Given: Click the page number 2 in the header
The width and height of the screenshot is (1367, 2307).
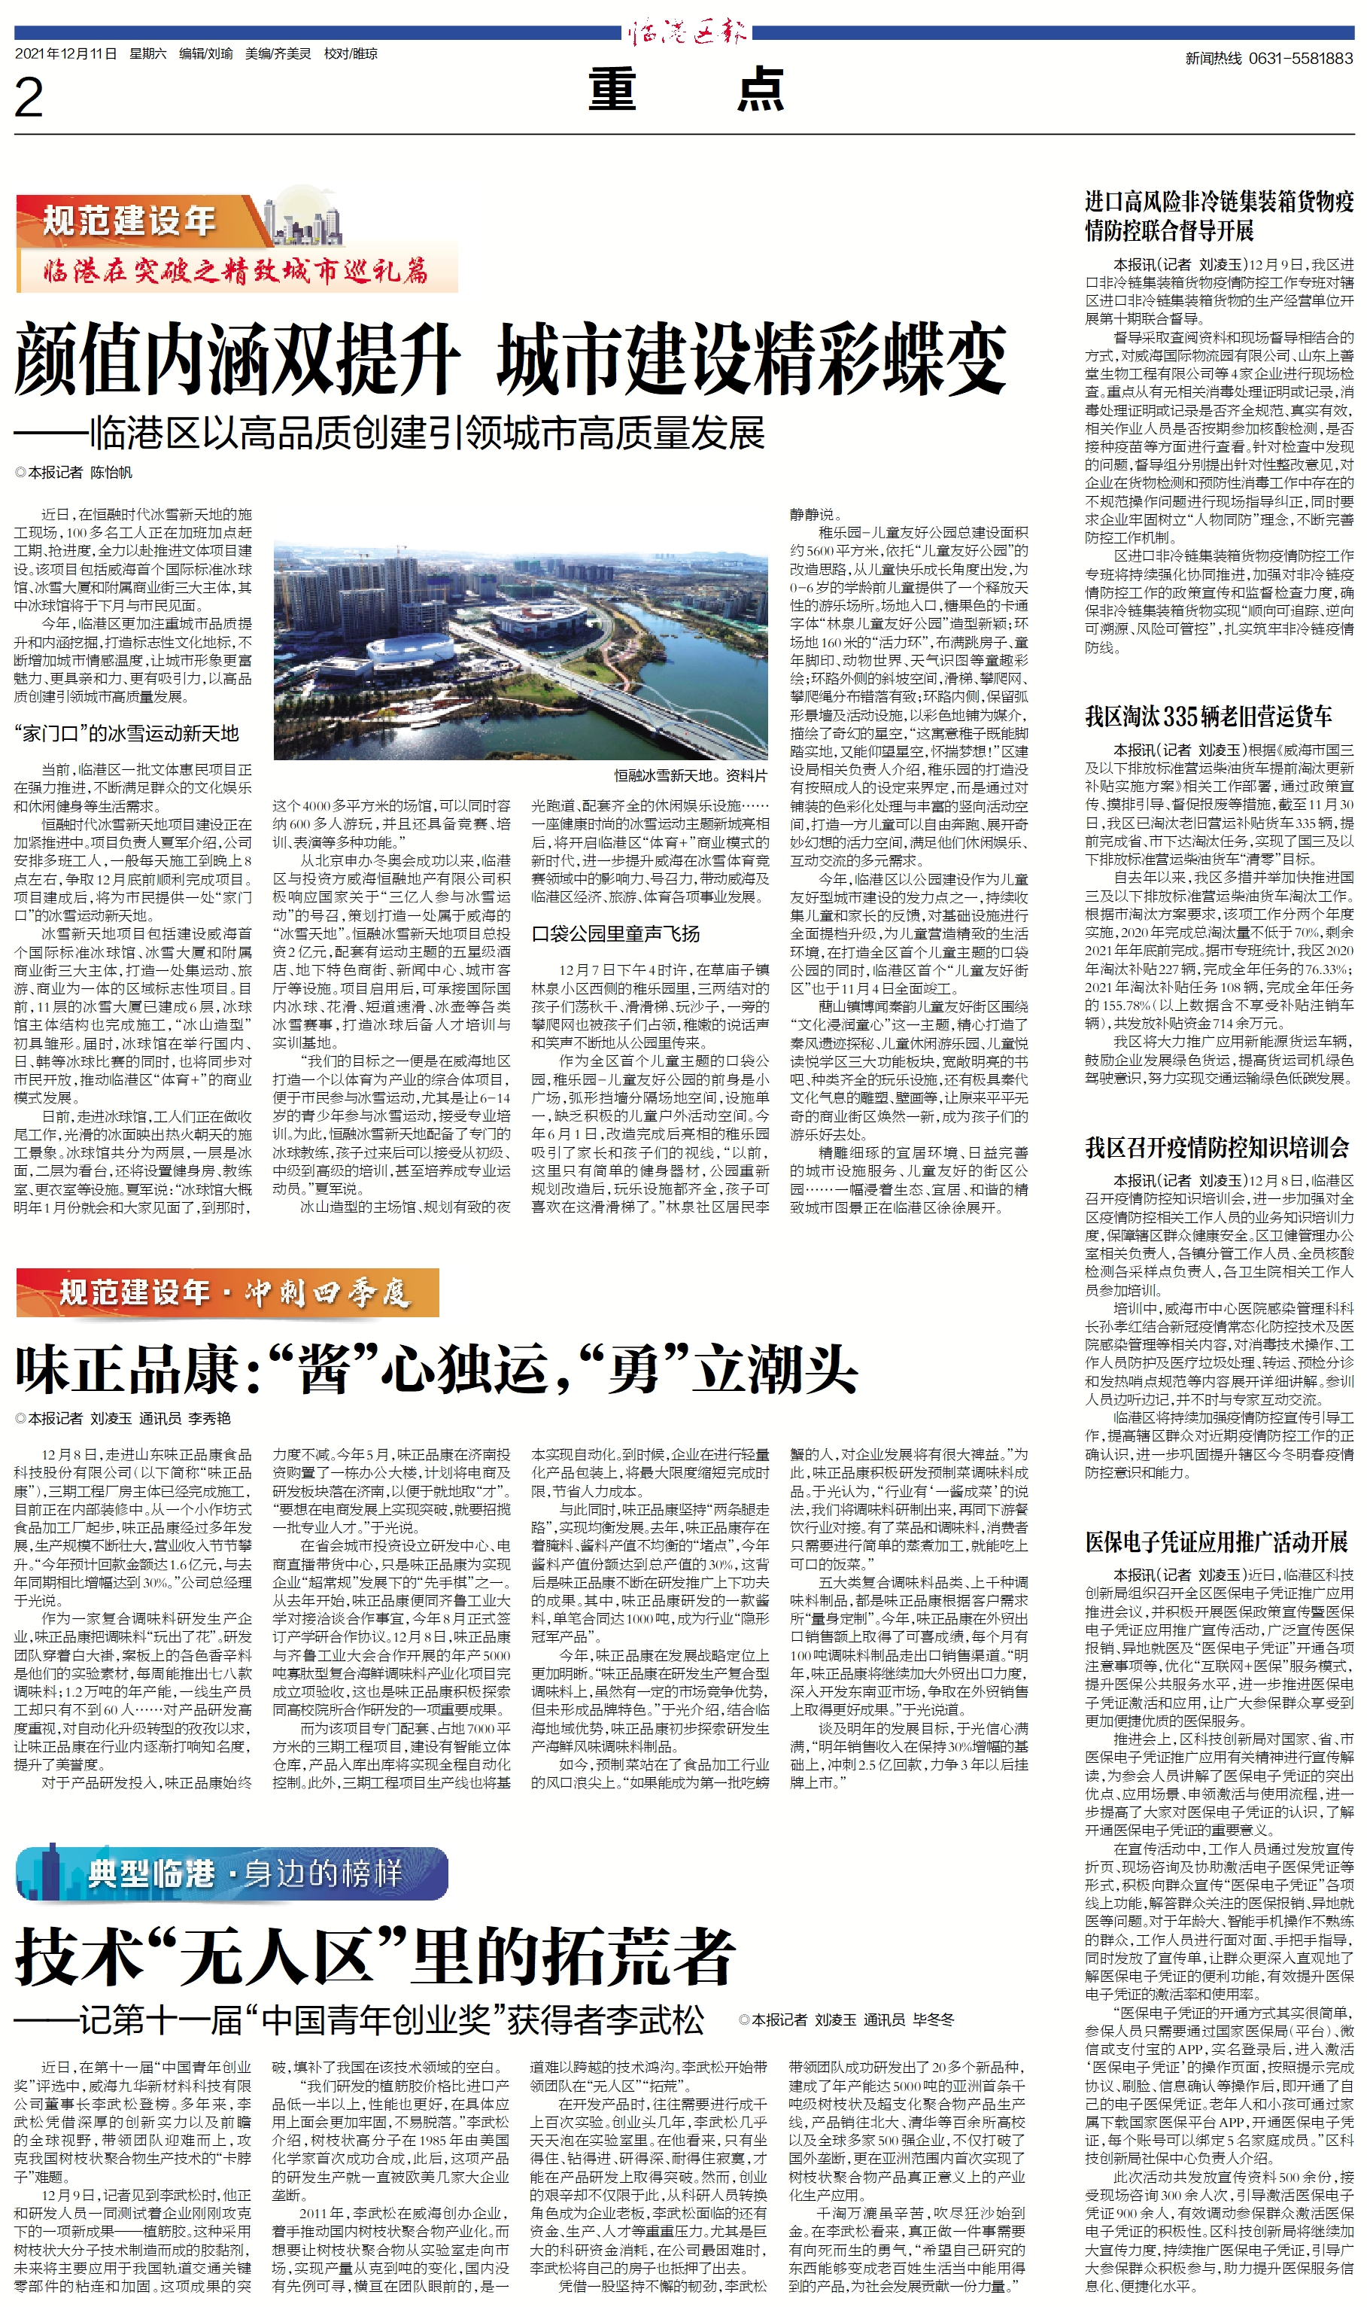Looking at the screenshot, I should click(x=29, y=98).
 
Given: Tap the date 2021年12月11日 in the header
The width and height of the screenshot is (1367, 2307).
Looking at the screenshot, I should click(x=65, y=54).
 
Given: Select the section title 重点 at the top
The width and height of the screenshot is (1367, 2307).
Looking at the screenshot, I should click(x=686, y=90).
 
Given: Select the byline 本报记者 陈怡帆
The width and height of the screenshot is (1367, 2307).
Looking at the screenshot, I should click(x=74, y=473).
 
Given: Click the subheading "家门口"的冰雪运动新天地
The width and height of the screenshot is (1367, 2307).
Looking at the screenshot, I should click(x=126, y=733).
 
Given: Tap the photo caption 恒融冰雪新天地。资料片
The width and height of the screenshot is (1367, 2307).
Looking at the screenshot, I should click(x=690, y=776).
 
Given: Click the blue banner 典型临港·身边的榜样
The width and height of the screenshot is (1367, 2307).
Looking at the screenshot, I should click(x=232, y=1873).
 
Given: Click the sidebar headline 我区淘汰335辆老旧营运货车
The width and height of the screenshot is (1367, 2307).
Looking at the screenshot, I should click(x=1208, y=717).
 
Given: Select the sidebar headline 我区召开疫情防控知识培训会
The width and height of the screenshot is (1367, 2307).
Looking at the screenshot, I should click(x=1216, y=1148).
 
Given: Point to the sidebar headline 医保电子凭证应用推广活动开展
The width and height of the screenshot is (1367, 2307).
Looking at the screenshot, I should click(x=1216, y=1542).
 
